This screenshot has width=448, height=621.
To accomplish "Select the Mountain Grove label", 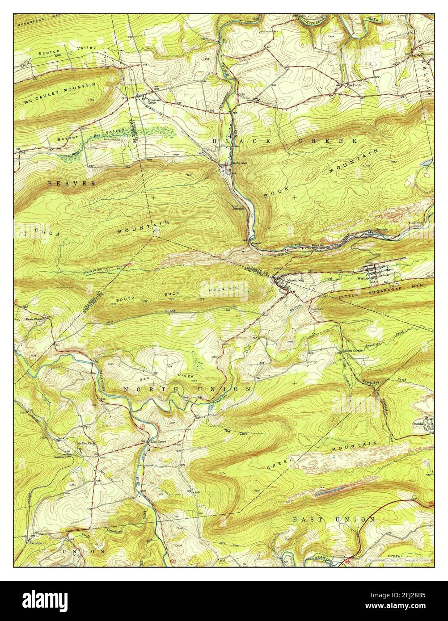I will coord(155,101).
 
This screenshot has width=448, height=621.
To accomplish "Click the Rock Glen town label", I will coord(239,163).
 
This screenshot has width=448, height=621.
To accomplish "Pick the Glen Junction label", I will coord(237,207).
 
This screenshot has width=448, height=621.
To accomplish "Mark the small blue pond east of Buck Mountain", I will coord(428,162).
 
